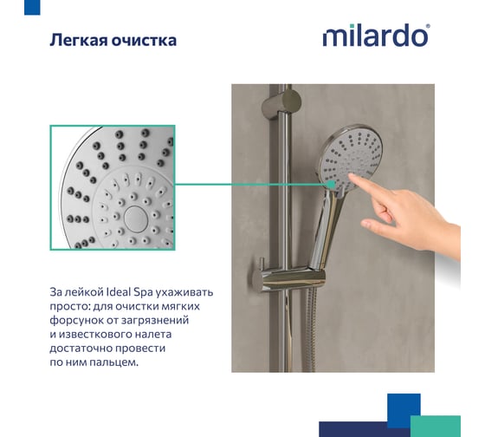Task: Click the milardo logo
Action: (x=376, y=36)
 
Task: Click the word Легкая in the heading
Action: (x=78, y=40)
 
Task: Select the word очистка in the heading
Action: (x=144, y=41)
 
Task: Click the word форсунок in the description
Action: (x=76, y=320)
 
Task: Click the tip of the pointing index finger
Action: (x=350, y=176)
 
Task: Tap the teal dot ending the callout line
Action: (x=331, y=185)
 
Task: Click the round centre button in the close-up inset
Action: (x=135, y=219)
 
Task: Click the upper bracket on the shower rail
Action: (x=281, y=103)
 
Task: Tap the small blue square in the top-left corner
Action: (x=32, y=7)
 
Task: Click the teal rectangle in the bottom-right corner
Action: (x=436, y=426)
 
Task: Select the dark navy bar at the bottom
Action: (x=365, y=429)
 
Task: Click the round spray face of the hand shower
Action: (x=352, y=158)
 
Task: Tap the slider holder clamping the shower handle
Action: (x=291, y=278)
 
